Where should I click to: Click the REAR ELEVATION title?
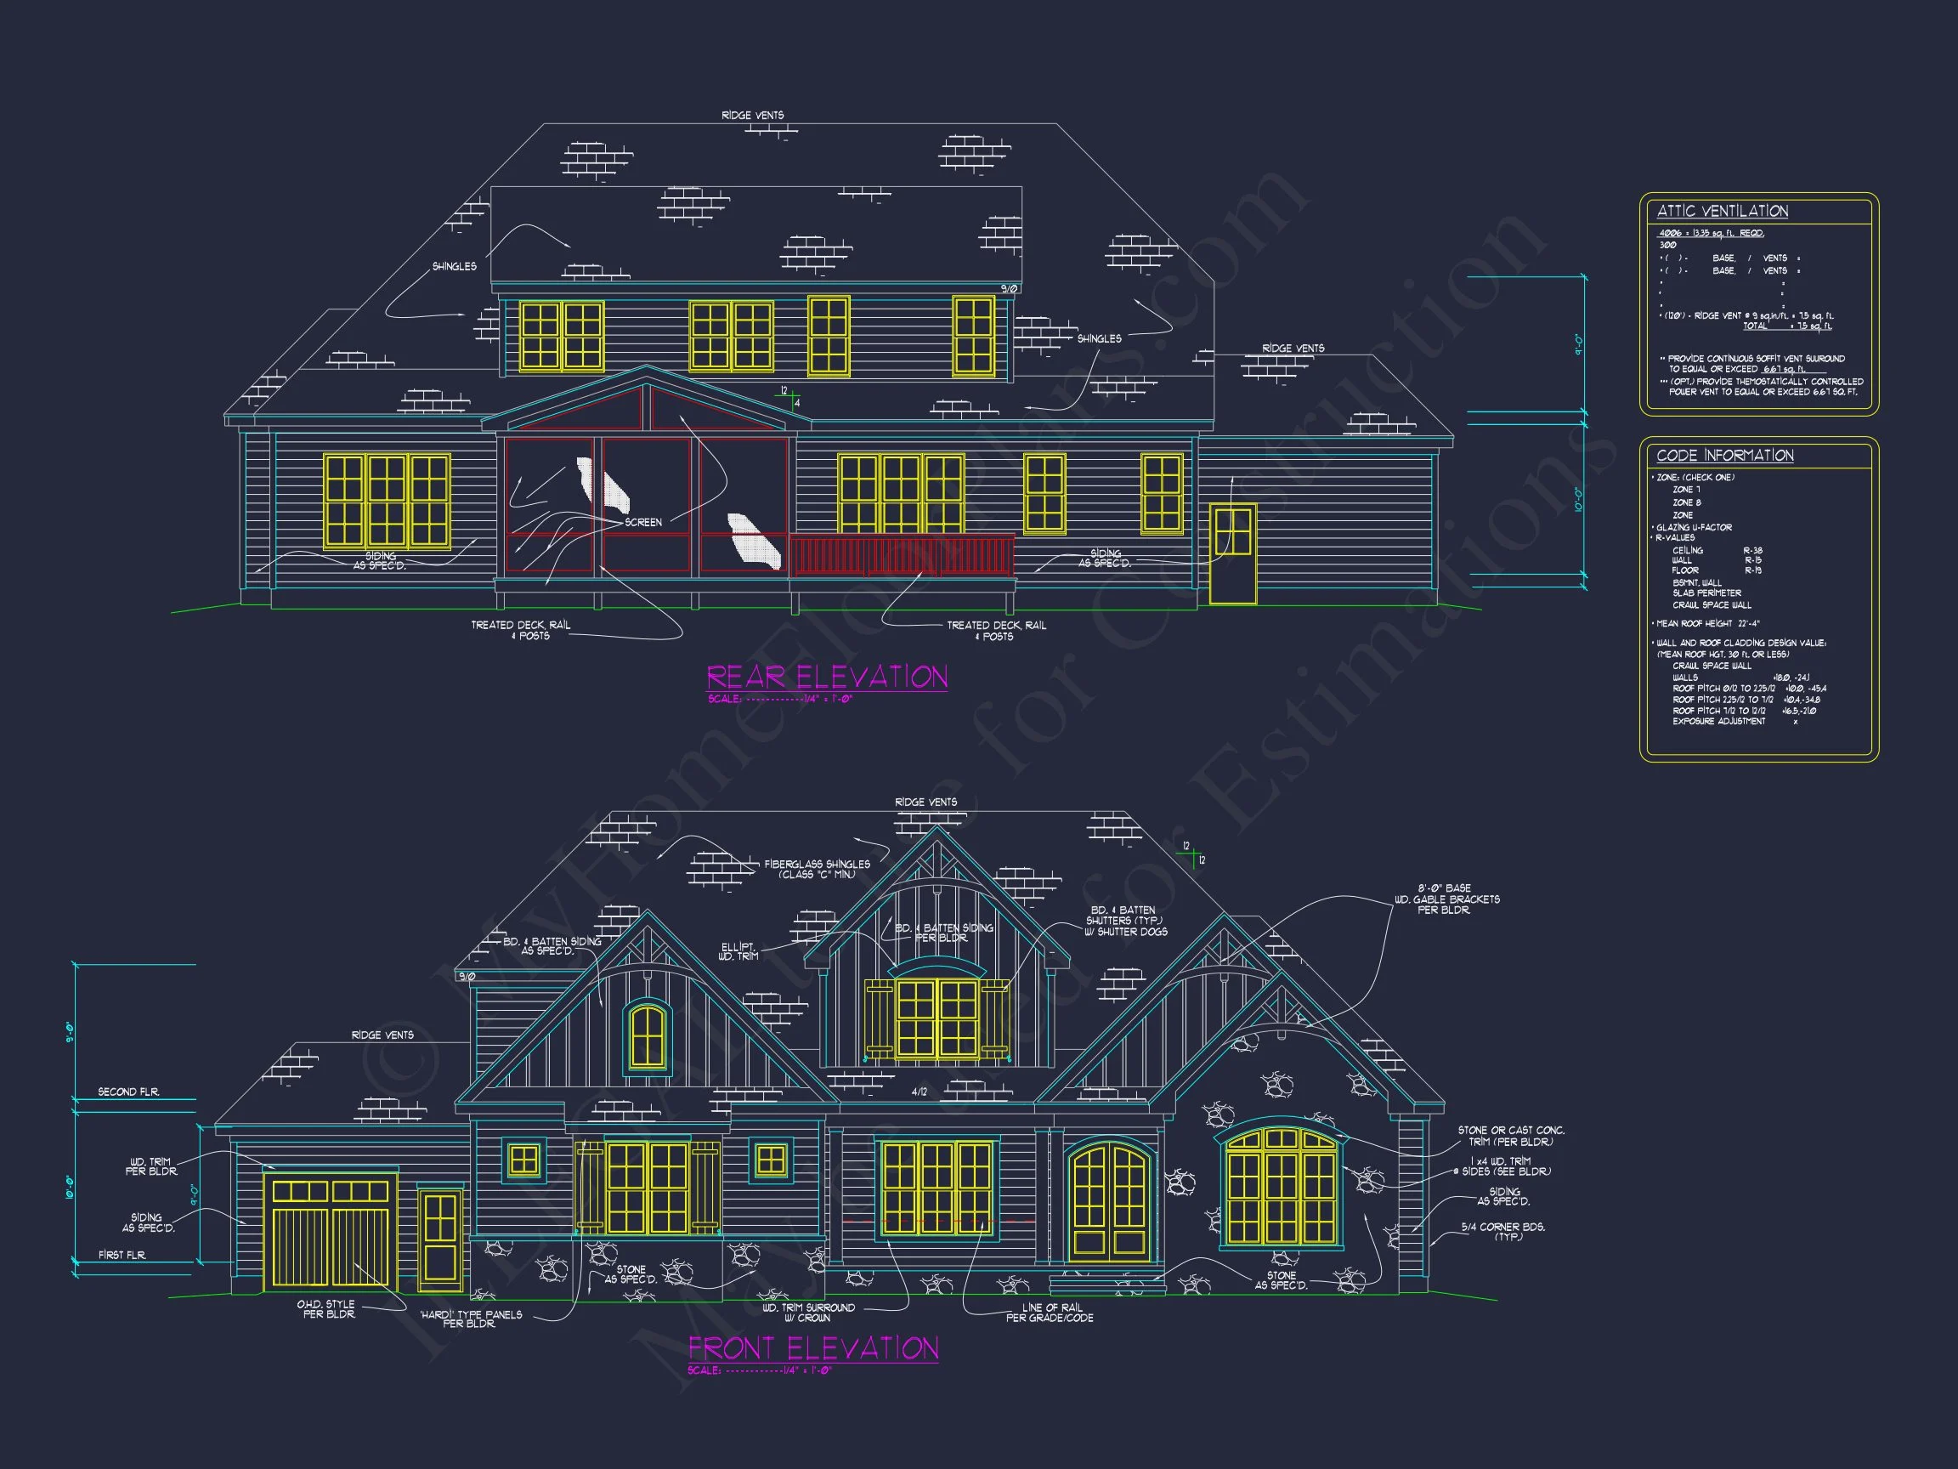[x=827, y=678]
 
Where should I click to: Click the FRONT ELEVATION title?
[x=813, y=1347]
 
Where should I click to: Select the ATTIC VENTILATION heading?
[x=1722, y=211]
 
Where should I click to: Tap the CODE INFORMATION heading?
[x=1724, y=455]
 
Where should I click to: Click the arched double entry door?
[x=1110, y=1201]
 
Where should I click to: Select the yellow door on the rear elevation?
[x=1232, y=553]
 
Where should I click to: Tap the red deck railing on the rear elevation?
[x=902, y=556]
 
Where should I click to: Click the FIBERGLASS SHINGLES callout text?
[x=816, y=869]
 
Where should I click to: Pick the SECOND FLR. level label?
[x=128, y=1092]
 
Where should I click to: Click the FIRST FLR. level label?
[x=122, y=1255]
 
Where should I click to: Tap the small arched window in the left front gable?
[x=647, y=1036]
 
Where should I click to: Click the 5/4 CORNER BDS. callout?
[x=1502, y=1231]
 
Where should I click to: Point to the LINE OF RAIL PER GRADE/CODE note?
[x=1050, y=1313]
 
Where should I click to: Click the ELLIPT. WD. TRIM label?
[x=739, y=951]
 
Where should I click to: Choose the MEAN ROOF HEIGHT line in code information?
[x=1707, y=623]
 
